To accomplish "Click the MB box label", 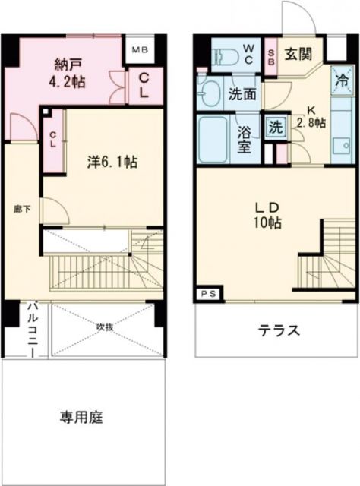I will pos(141,52).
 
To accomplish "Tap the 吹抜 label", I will pos(105,328).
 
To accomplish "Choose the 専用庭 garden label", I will pos(81,417).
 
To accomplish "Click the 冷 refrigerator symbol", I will pos(343,78).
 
